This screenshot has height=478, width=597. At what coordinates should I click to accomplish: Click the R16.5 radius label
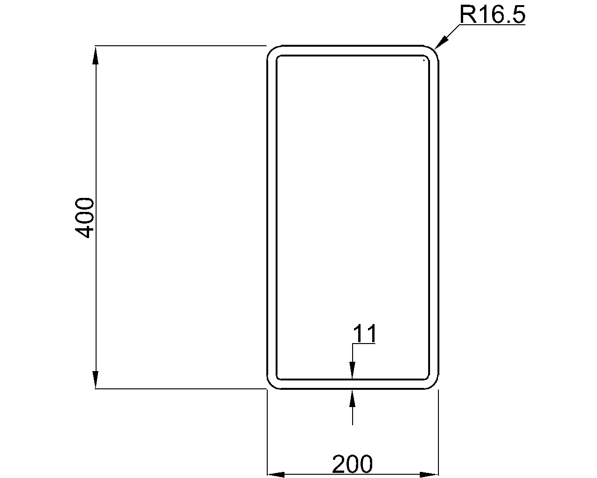coord(493,14)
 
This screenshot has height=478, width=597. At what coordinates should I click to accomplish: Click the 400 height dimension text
coord(84,218)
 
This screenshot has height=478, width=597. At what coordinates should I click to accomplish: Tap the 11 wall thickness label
coord(365,333)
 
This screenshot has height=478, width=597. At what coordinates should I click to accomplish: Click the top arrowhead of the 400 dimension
coord(96,56)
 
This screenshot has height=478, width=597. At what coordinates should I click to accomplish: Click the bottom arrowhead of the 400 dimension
coord(96,380)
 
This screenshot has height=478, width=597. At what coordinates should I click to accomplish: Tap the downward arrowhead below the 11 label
coord(352,370)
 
